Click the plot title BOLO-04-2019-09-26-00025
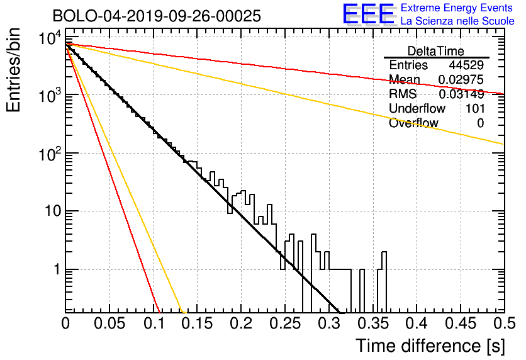point(157,16)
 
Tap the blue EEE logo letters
point(368,14)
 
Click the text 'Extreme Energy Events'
point(457,8)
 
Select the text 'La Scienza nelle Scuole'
point(457,21)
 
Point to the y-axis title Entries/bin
point(13,70)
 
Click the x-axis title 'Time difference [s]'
point(430,346)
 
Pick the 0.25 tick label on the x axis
point(286,323)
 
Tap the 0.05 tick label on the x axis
point(109,323)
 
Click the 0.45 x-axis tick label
point(461,323)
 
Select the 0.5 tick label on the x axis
point(504,323)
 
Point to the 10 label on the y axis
point(53,211)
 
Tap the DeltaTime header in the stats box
point(436,51)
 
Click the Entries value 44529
point(466,65)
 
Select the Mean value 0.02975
point(461,79)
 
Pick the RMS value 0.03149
point(461,94)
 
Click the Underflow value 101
point(475,108)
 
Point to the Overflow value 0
point(480,123)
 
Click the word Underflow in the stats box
point(417,108)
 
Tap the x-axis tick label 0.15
point(198,323)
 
